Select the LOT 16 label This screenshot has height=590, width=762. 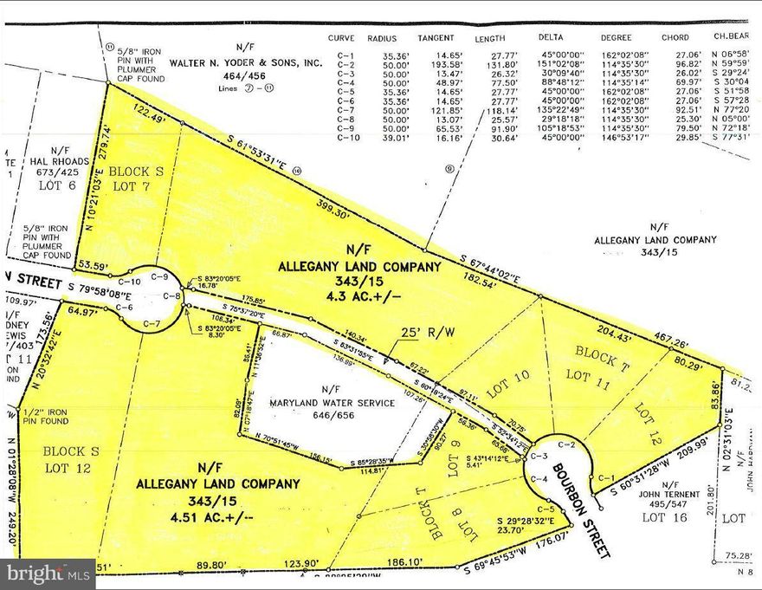[665, 517]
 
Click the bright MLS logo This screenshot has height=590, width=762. [47, 574]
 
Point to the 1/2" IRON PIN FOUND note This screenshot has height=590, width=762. [51, 417]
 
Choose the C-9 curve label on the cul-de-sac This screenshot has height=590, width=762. [158, 276]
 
